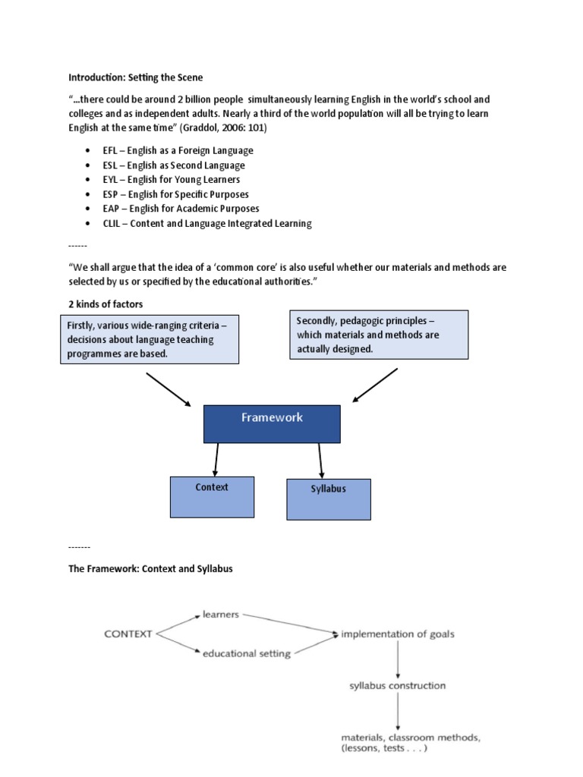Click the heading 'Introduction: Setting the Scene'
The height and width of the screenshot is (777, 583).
(x=135, y=77)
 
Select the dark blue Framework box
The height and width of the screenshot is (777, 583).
(x=272, y=424)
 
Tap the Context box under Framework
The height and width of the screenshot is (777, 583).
(x=213, y=497)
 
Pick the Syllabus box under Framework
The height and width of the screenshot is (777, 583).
(x=329, y=499)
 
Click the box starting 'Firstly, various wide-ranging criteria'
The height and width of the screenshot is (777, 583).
(x=150, y=339)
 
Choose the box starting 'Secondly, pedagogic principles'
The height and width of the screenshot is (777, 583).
(x=379, y=335)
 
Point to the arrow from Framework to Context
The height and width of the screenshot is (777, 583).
(x=216, y=460)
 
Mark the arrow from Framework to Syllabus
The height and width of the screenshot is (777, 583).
(x=321, y=461)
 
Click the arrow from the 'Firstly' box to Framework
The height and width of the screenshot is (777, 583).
(x=169, y=390)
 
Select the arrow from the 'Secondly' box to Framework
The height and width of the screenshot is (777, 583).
(x=375, y=385)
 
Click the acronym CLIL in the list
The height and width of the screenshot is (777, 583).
(x=112, y=224)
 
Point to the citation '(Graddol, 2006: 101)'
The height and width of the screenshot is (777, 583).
(x=223, y=127)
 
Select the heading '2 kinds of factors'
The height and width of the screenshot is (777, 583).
(x=106, y=304)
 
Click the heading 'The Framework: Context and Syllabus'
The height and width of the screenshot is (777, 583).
(x=151, y=569)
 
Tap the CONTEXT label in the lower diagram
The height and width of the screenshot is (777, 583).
(x=128, y=634)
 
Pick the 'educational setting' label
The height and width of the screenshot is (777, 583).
(x=247, y=653)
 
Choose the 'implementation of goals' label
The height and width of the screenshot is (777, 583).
(x=398, y=634)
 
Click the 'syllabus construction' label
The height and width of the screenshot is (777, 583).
(x=398, y=686)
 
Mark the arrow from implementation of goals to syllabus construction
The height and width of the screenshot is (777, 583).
(x=398, y=659)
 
